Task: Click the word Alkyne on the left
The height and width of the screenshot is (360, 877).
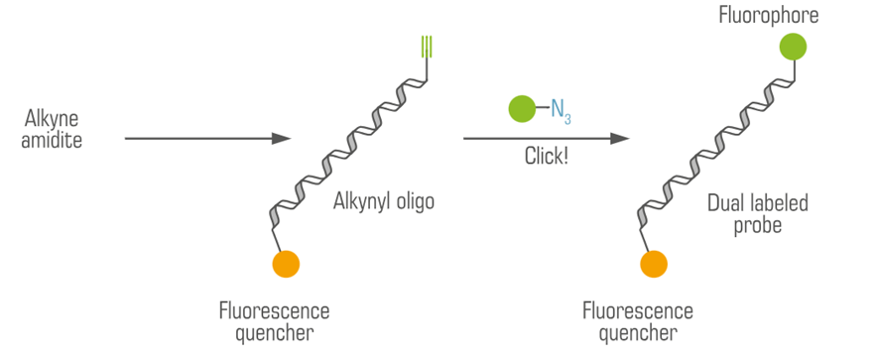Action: click(x=53, y=120)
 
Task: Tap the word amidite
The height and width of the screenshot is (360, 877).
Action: click(x=53, y=141)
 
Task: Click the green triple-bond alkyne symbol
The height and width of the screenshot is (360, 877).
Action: click(x=425, y=47)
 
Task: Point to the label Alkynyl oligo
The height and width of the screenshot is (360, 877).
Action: click(x=385, y=202)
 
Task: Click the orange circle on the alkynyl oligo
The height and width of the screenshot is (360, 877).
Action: click(x=286, y=264)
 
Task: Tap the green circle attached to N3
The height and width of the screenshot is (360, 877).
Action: click(x=522, y=109)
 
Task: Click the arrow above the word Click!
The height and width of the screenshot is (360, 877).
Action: click(x=546, y=140)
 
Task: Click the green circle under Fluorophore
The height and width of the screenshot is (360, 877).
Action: click(x=793, y=47)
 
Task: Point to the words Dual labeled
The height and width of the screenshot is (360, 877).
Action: click(x=758, y=203)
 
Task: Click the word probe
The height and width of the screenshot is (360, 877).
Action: click(x=758, y=225)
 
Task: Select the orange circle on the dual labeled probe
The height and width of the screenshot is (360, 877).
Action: click(x=653, y=264)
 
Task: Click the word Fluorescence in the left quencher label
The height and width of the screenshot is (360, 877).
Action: click(x=274, y=310)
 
